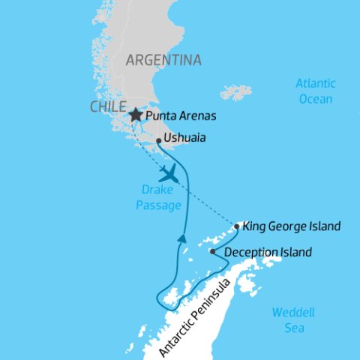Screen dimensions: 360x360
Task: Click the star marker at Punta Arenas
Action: click(x=135, y=115)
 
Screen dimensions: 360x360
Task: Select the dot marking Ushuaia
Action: click(x=159, y=140)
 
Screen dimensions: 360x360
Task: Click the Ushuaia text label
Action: click(x=185, y=139)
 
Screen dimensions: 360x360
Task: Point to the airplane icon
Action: click(x=170, y=174)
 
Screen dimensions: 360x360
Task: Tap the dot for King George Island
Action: click(x=237, y=226)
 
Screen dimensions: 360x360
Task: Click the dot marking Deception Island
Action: click(x=213, y=252)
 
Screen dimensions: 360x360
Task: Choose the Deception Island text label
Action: click(x=267, y=253)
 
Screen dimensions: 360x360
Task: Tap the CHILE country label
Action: click(x=107, y=107)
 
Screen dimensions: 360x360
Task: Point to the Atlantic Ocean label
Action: click(x=314, y=91)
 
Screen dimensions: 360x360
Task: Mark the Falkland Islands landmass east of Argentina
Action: click(x=236, y=92)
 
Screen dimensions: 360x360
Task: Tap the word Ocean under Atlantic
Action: click(x=314, y=98)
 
